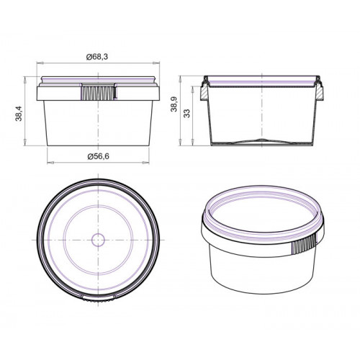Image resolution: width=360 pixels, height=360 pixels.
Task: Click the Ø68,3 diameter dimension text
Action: click(x=97, y=57)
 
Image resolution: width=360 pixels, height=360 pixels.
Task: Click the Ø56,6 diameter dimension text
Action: click(x=99, y=156)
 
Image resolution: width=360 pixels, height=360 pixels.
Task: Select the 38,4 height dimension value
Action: click(x=19, y=113)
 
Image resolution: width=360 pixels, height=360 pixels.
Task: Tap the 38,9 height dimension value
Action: click(x=174, y=104)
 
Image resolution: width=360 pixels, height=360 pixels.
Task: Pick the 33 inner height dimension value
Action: click(x=186, y=113)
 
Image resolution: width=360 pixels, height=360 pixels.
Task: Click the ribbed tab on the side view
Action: click(x=98, y=93)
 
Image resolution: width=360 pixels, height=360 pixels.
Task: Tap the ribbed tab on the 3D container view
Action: click(x=304, y=244)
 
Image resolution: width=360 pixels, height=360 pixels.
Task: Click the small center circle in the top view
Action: click(x=98, y=240)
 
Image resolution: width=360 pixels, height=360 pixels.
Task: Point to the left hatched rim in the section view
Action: click(x=204, y=93)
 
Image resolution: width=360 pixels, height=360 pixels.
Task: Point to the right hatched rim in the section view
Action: click(x=319, y=93)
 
